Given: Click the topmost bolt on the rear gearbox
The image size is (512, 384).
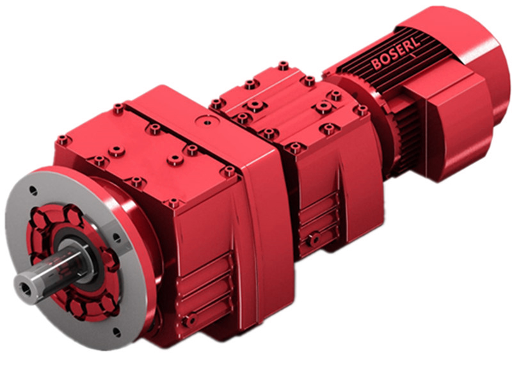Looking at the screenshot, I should coord(283,65).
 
